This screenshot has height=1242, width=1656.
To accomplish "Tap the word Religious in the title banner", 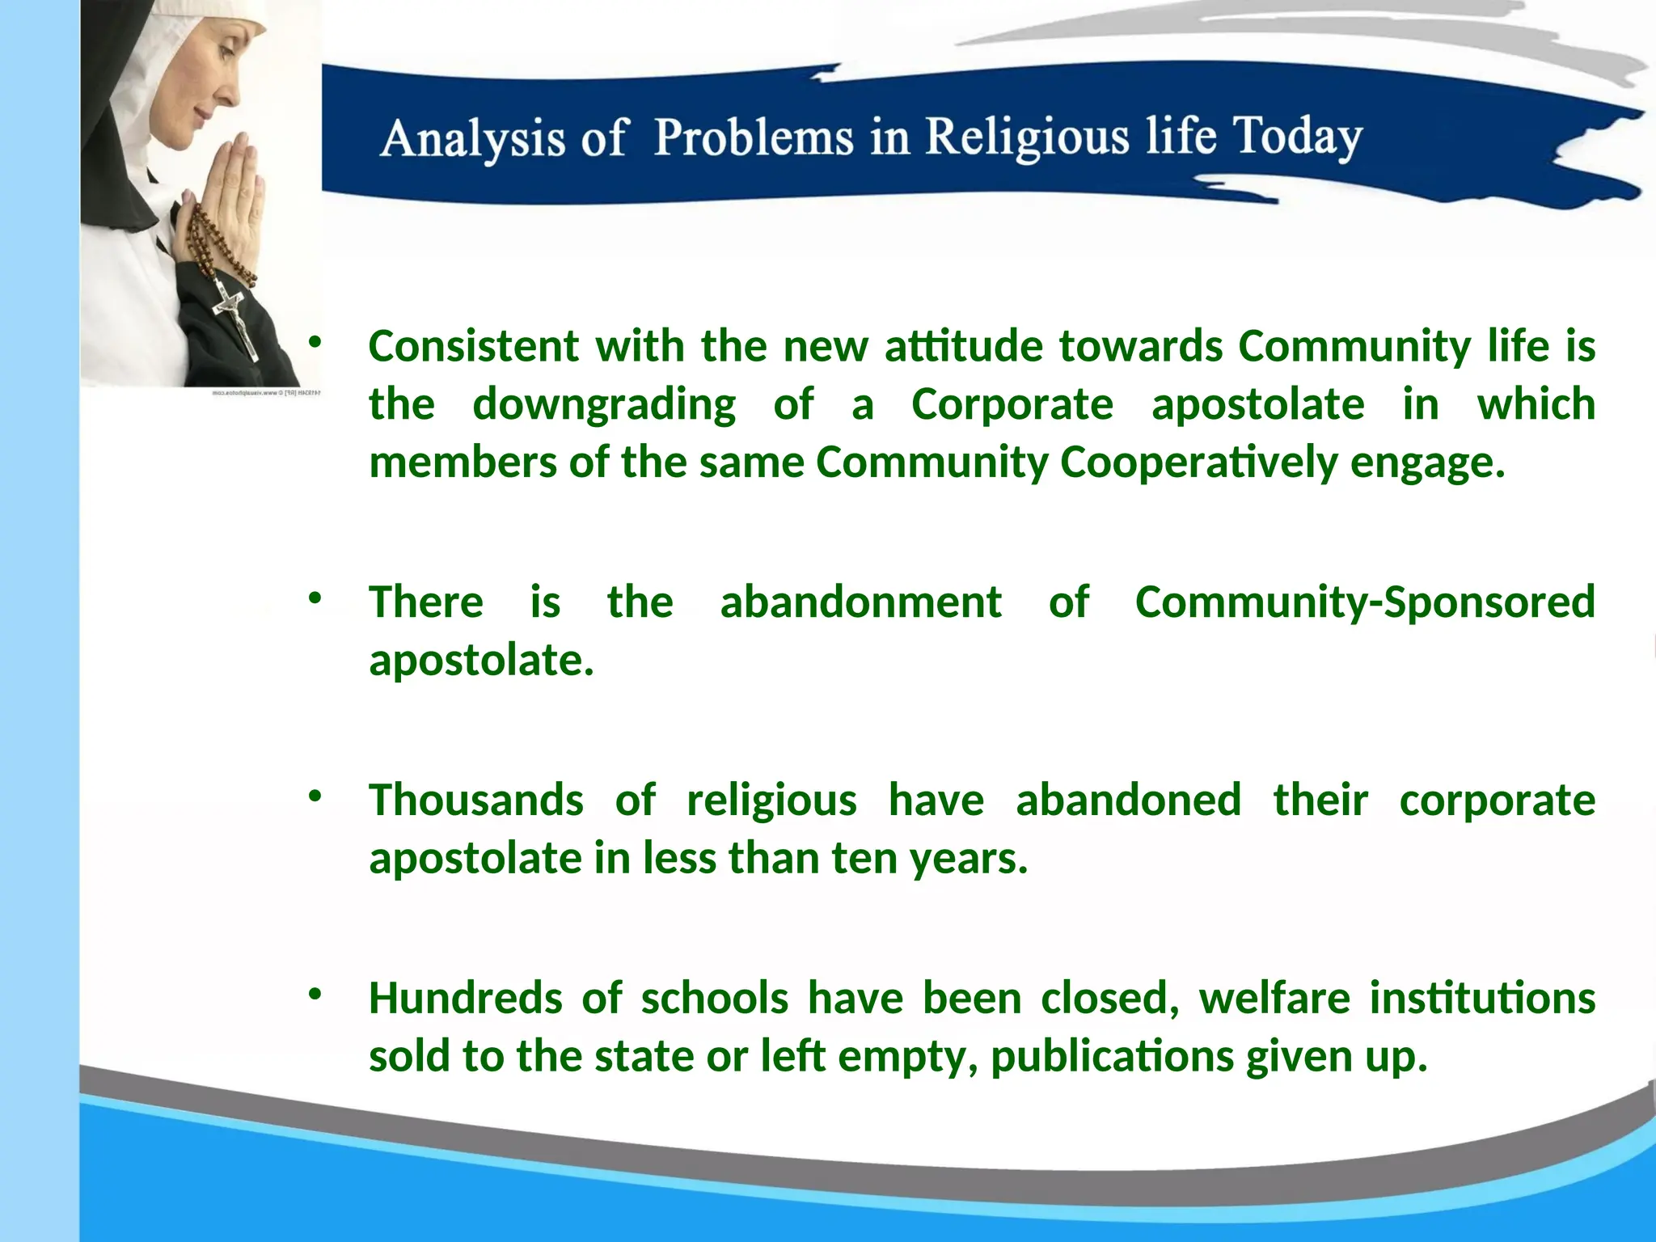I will (x=1027, y=137).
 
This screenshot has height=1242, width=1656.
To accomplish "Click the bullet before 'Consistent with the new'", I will (x=315, y=343).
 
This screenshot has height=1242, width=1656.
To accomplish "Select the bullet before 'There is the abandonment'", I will (x=315, y=599).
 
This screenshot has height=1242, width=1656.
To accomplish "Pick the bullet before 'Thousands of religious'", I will (x=315, y=796).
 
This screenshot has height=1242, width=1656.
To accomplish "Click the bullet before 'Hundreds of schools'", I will (x=315, y=995).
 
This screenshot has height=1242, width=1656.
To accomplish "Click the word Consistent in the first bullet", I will (x=474, y=346).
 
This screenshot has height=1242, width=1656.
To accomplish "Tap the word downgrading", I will (x=603, y=404).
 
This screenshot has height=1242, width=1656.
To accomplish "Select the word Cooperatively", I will (x=1198, y=463).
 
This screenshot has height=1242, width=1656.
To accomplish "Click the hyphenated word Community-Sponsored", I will (x=1364, y=602).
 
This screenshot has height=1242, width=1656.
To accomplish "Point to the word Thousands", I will (x=475, y=801).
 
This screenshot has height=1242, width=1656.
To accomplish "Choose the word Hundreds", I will (x=466, y=998).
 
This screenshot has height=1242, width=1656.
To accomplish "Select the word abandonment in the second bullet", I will (x=860, y=602).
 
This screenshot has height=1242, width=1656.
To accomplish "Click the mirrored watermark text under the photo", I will (x=266, y=393).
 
